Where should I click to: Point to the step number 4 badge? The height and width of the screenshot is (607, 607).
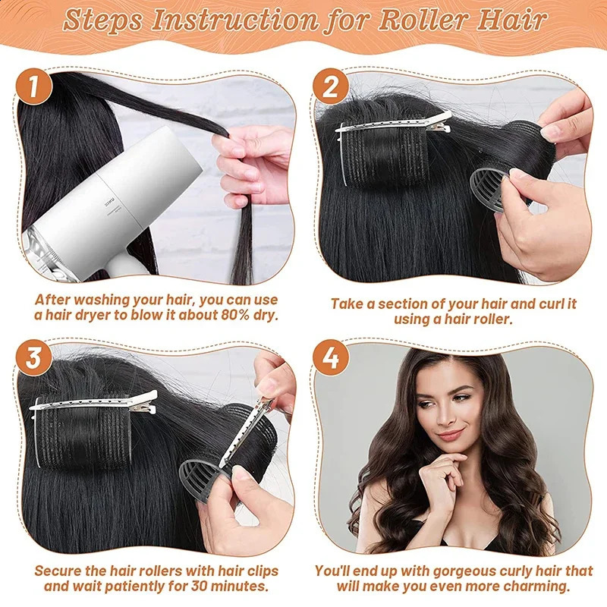click(331, 359)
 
